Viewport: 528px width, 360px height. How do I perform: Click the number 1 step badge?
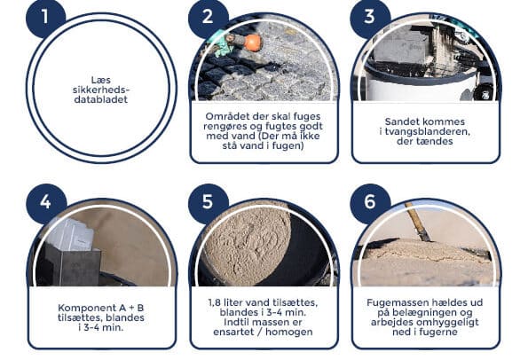tap(45, 17)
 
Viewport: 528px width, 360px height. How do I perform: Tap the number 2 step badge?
tap(209, 17)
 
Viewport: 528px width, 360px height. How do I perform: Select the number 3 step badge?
tap(370, 17)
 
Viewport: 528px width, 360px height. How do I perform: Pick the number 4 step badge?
tap(46, 202)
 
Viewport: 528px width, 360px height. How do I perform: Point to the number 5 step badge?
tap(209, 202)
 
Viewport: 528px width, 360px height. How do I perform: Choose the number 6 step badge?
tap(370, 202)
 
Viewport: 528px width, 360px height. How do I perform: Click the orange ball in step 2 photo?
tap(253, 43)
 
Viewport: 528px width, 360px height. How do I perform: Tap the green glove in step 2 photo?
tap(222, 44)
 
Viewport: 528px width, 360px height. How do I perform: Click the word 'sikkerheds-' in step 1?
tap(101, 90)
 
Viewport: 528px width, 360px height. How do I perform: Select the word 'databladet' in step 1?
tap(101, 99)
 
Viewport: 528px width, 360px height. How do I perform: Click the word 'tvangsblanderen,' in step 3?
tap(428, 131)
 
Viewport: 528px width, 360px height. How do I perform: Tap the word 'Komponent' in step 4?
tap(82, 308)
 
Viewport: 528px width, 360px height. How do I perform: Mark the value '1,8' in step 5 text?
tap(215, 302)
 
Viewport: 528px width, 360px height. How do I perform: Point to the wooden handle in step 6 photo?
tap(418, 222)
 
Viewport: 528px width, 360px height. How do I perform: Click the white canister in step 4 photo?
tap(71, 234)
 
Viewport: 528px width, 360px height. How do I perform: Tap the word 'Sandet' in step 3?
tap(401, 121)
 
